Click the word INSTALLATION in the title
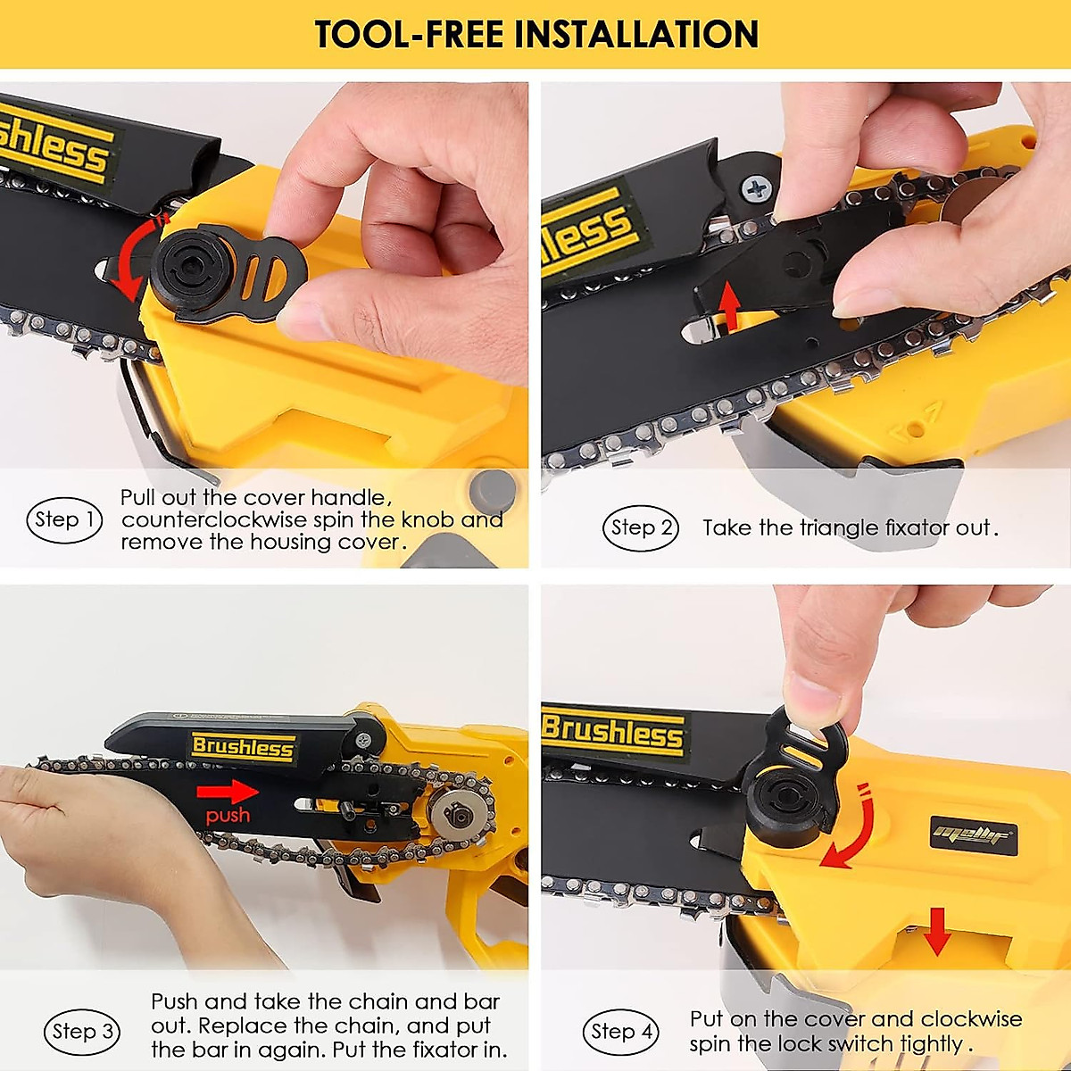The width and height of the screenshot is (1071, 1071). click(x=636, y=34)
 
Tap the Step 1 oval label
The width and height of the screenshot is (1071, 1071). click(x=65, y=519)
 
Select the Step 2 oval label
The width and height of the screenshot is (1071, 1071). click(x=640, y=527)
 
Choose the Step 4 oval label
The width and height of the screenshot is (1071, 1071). click(x=621, y=1032)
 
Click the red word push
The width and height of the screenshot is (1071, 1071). click(x=228, y=815)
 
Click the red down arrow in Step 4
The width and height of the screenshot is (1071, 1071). click(x=936, y=930)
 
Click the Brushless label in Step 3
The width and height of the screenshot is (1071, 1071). click(x=243, y=747)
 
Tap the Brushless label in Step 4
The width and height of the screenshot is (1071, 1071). click(x=614, y=732)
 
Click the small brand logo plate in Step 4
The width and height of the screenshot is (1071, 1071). click(x=973, y=835)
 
